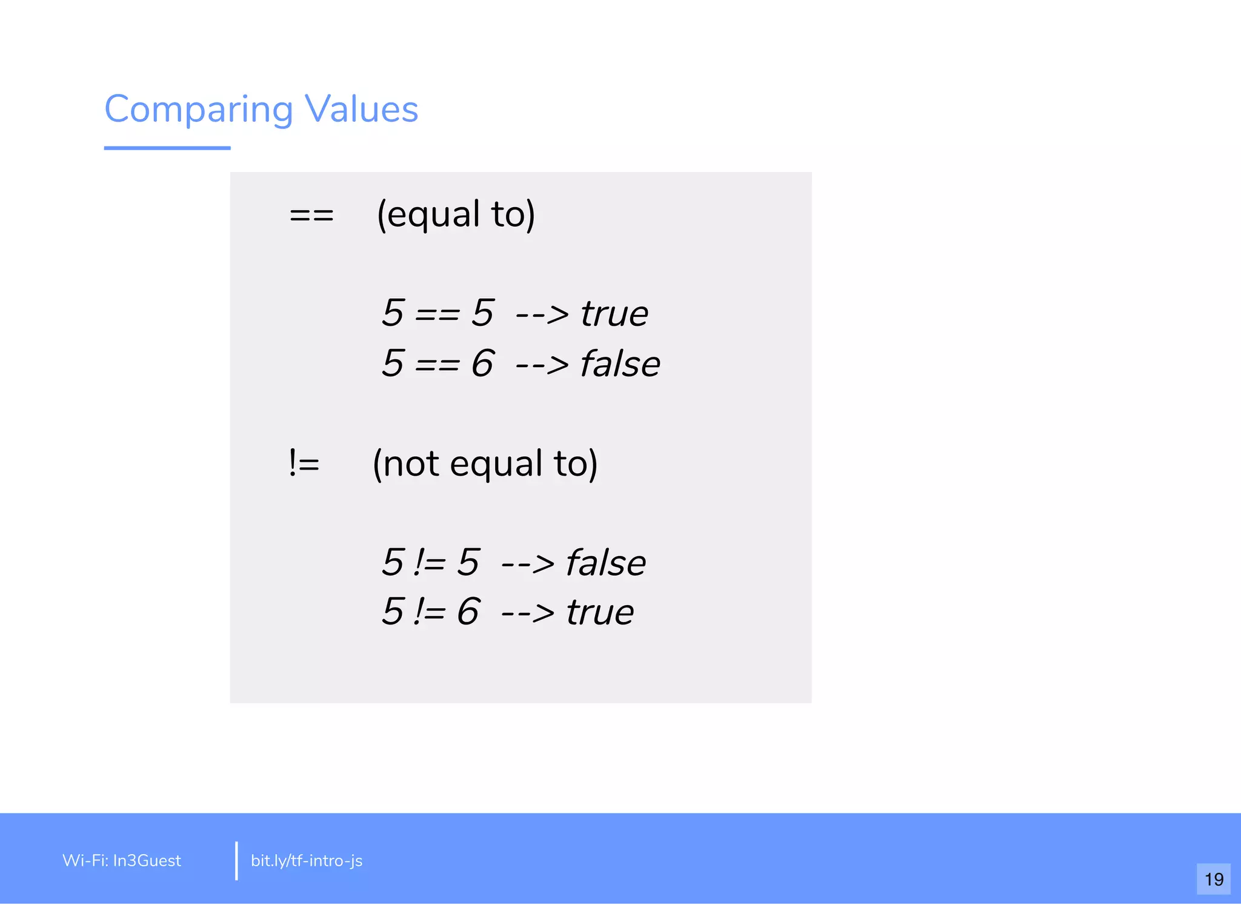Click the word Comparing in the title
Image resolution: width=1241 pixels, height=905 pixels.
[x=199, y=110]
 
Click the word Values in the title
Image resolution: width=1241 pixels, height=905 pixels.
[x=361, y=110]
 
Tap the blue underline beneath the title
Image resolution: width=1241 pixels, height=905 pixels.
[x=167, y=148]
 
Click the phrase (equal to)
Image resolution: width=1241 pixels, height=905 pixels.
[x=456, y=214]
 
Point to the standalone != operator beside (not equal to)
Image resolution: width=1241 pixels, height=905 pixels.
[x=304, y=464]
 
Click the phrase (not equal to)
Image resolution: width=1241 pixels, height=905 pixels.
[x=485, y=464]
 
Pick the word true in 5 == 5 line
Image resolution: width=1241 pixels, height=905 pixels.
[x=614, y=314]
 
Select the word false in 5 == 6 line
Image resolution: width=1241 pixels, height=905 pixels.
[x=620, y=363]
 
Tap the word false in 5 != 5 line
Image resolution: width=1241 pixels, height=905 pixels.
[x=605, y=563]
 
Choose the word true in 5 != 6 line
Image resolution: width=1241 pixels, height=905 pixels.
[x=600, y=612]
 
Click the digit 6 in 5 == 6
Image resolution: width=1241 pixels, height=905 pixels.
[x=482, y=363]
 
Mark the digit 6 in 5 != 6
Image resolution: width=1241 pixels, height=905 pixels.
[x=468, y=611]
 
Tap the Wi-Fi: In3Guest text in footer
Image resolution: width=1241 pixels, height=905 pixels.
[x=122, y=861]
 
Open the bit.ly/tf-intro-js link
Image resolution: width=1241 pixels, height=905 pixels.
[x=307, y=861]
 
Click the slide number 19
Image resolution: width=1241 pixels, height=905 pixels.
[x=1214, y=879]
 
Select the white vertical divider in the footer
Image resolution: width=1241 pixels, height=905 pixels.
[x=236, y=861]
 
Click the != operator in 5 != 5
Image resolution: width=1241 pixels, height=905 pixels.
[x=430, y=563]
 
